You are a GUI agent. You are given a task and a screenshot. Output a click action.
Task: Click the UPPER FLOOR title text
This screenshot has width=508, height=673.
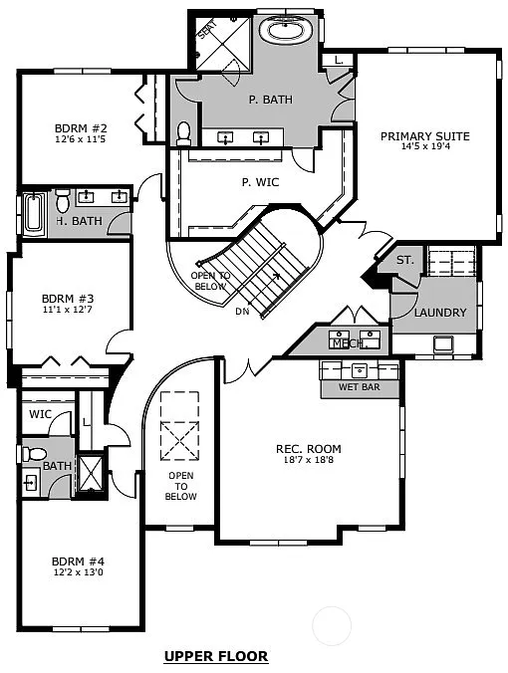click(215, 656)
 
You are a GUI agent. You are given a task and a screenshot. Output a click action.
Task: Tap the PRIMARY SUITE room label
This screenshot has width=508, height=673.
click(424, 136)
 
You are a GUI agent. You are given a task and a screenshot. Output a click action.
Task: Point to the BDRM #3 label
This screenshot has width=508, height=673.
click(67, 298)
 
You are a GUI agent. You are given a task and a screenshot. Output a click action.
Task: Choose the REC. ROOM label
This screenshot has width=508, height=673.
click(308, 449)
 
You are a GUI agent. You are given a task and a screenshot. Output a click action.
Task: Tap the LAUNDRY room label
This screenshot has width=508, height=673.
click(439, 313)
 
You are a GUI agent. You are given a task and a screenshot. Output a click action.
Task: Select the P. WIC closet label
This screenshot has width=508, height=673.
click(259, 182)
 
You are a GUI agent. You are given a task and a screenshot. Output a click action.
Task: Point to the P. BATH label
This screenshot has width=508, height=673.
click(268, 100)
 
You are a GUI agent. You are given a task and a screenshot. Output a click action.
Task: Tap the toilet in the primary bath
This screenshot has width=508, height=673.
click(183, 131)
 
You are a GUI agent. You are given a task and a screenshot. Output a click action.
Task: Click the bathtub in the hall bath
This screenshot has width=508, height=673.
click(34, 213)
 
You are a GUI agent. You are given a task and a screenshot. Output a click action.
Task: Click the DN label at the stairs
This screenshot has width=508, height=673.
click(242, 312)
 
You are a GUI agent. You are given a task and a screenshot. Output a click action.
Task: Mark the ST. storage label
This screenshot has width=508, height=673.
click(404, 260)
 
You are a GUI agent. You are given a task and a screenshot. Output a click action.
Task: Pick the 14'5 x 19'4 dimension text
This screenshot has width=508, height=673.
click(424, 147)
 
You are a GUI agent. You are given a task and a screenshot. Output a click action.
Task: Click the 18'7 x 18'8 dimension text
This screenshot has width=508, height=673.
click(308, 460)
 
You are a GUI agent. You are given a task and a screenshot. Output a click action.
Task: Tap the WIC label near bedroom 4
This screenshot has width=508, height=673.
click(40, 414)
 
